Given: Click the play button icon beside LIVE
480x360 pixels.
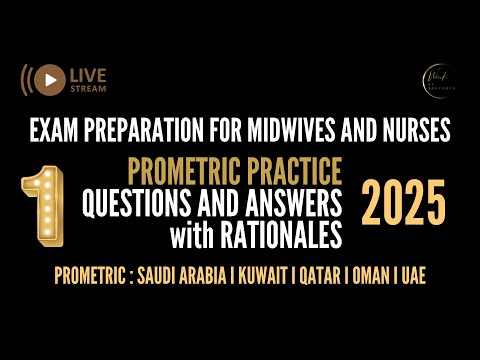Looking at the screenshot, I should pos(47,78).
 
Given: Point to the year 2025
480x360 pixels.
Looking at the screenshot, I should pos(403,204).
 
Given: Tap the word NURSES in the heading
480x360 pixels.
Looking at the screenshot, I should pos(414,130).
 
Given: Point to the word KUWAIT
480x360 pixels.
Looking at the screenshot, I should pos(267,275).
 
